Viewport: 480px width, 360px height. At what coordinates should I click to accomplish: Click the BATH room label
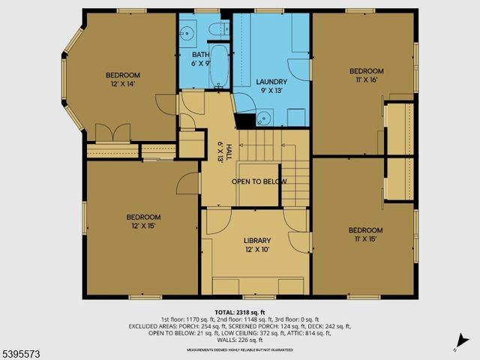pos(200,55)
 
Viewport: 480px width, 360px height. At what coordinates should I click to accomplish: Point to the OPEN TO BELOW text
pos(259,181)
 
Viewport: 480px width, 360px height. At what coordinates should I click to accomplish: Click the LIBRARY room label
pos(257,241)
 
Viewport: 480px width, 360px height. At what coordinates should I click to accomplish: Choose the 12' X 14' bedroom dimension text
pos(123,85)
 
